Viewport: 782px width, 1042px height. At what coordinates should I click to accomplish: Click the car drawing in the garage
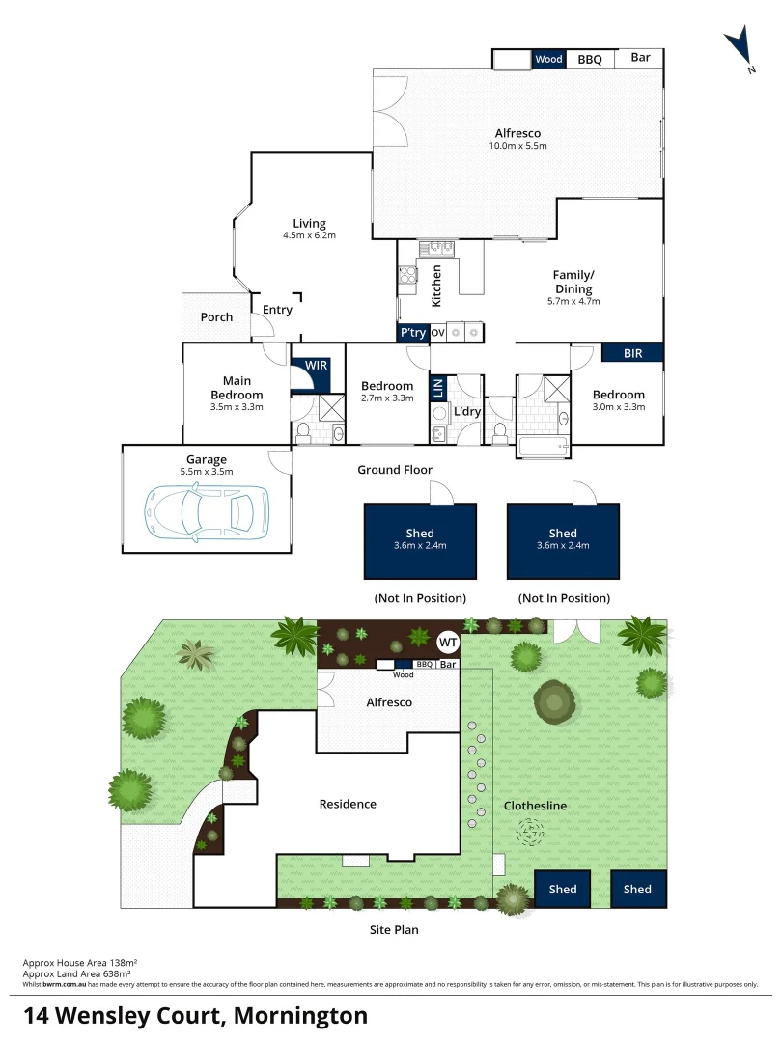(x=198, y=511)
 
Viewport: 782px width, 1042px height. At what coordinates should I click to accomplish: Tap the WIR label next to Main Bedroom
(x=317, y=367)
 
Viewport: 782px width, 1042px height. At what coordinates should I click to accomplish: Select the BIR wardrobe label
(x=632, y=354)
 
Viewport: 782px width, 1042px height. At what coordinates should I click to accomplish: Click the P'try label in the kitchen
(x=413, y=333)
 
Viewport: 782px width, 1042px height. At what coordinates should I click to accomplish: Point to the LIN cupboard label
(x=437, y=389)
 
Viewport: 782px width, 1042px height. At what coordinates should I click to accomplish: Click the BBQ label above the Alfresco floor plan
(x=590, y=60)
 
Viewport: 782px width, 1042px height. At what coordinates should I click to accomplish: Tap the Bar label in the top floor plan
(x=640, y=58)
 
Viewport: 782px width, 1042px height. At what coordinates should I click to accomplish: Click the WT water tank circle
(x=448, y=641)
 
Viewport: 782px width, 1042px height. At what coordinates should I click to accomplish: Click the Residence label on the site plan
(x=348, y=804)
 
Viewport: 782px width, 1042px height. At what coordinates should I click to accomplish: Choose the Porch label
(x=216, y=317)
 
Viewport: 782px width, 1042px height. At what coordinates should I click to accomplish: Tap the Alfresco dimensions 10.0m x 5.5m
(x=517, y=147)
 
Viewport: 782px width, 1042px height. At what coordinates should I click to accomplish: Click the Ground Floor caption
(x=395, y=470)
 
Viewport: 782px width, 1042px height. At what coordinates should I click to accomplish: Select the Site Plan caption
(x=394, y=930)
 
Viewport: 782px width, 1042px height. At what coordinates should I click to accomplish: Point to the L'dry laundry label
(x=468, y=413)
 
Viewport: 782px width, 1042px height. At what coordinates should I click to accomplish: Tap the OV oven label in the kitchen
(x=437, y=333)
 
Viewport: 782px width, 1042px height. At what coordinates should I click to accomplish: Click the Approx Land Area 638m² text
(x=80, y=973)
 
